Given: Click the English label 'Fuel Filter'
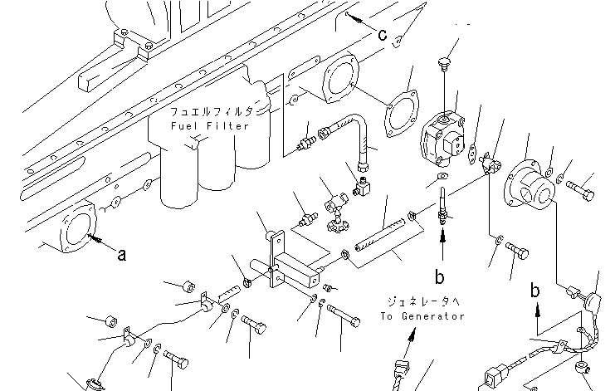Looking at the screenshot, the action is [210, 126].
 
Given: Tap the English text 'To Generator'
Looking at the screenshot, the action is [422, 316].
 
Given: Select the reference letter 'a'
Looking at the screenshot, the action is [122, 255].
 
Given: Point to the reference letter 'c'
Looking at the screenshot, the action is [383, 35].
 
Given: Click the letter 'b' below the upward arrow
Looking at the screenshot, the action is [440, 276].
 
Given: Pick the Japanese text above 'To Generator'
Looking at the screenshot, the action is [423, 301].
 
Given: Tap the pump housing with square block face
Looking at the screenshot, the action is [443, 139].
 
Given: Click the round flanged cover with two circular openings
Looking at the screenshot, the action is [530, 188].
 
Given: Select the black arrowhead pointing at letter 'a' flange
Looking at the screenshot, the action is [93, 237].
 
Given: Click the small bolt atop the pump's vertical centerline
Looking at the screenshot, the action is [444, 64].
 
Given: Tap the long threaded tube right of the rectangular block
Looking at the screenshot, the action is [379, 237].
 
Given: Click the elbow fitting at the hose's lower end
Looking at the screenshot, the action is [363, 187].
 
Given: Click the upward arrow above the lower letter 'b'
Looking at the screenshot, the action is [443, 243].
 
